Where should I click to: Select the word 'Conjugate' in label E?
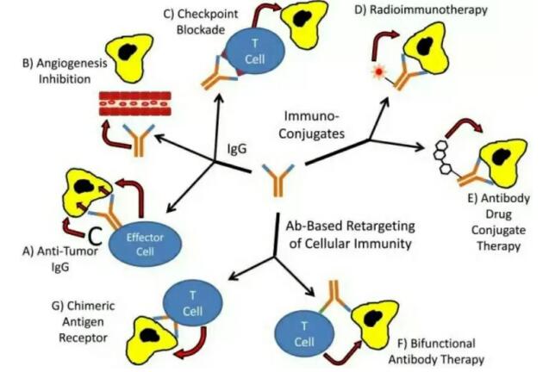coord(503,232)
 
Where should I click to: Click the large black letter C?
coord(96,234)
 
